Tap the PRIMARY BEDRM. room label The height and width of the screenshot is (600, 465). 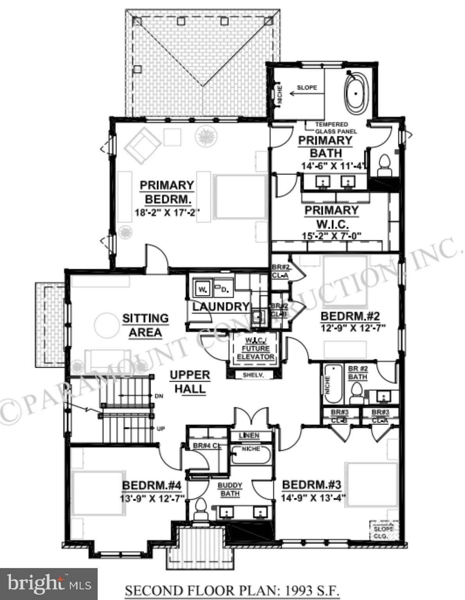tap(167, 192)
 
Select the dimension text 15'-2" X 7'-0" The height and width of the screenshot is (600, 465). tap(331, 236)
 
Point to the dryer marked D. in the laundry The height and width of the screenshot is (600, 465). tap(224, 289)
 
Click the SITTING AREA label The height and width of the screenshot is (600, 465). tap(145, 325)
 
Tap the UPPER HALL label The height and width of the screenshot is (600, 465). tap(190, 382)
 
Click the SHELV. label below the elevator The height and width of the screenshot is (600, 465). tap(253, 375)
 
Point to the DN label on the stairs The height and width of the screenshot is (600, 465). tap(159, 396)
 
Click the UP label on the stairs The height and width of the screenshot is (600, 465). tap(160, 429)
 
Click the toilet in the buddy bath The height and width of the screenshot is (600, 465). tap(200, 510)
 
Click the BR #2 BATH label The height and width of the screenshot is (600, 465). tap(358, 373)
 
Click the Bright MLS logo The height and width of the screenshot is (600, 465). tap(48, 584)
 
